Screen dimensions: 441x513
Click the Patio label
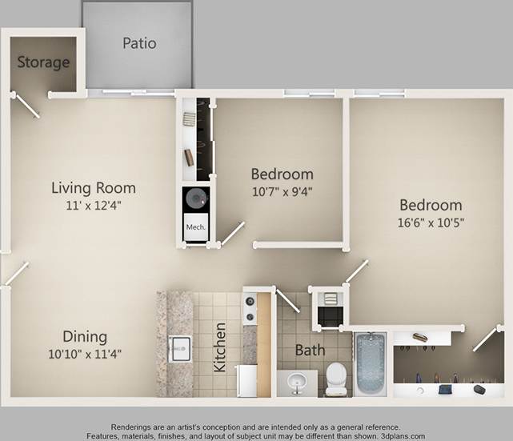(x=139, y=43)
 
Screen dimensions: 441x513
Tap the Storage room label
(x=43, y=62)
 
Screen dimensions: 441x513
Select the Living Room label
(x=94, y=188)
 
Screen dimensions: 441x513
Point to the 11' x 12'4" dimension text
(x=94, y=205)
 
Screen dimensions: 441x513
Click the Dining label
(x=85, y=337)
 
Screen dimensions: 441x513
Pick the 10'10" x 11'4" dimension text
(x=85, y=353)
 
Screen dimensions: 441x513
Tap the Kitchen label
(x=220, y=347)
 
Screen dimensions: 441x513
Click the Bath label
(x=310, y=350)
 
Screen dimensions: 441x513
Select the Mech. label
(x=196, y=227)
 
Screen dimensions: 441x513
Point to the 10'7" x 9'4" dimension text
(x=282, y=191)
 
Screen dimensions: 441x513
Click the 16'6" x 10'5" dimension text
(x=431, y=222)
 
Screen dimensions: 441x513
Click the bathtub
(x=371, y=363)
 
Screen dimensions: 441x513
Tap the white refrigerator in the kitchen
(x=246, y=380)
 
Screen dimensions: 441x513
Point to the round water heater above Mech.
(x=195, y=198)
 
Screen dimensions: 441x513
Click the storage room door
(x=26, y=106)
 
